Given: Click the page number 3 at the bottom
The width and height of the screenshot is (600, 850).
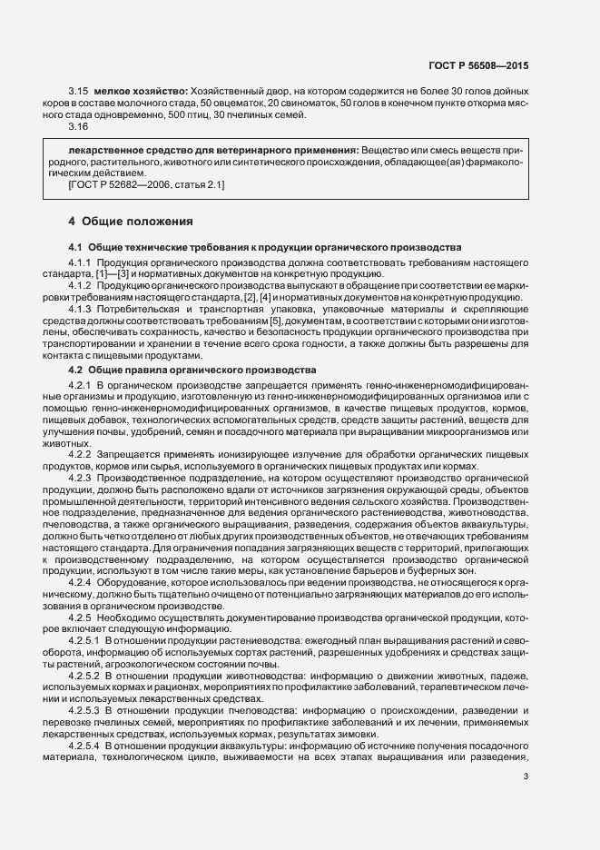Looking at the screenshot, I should [526, 776].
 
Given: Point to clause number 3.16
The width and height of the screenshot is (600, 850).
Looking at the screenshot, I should [78, 126].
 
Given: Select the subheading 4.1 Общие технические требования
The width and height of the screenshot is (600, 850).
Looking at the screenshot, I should [266, 247].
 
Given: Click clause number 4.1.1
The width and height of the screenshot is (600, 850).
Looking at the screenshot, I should [83, 262].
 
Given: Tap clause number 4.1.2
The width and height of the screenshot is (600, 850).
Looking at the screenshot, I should [83, 285].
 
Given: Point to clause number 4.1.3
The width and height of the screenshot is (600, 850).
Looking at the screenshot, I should [83, 309].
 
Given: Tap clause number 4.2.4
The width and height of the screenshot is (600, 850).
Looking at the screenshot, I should [83, 581].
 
